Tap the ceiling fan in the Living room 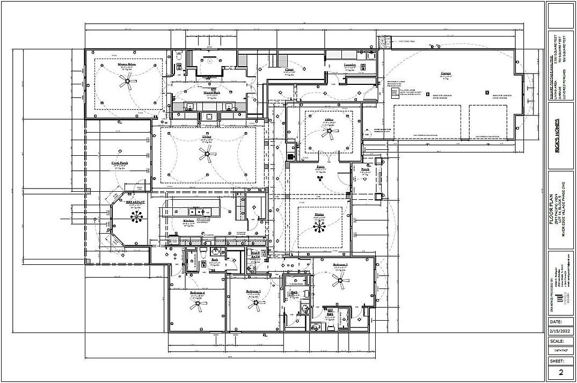[x=207, y=156]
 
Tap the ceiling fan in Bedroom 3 [x=253, y=304]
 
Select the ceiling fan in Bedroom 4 [x=198, y=306]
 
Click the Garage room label [x=445, y=73]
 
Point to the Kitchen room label [x=188, y=221]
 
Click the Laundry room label [x=350, y=64]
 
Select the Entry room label [x=320, y=167]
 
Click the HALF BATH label [x=255, y=255]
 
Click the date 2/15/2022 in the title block [x=561, y=331]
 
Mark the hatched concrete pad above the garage [x=384, y=41]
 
